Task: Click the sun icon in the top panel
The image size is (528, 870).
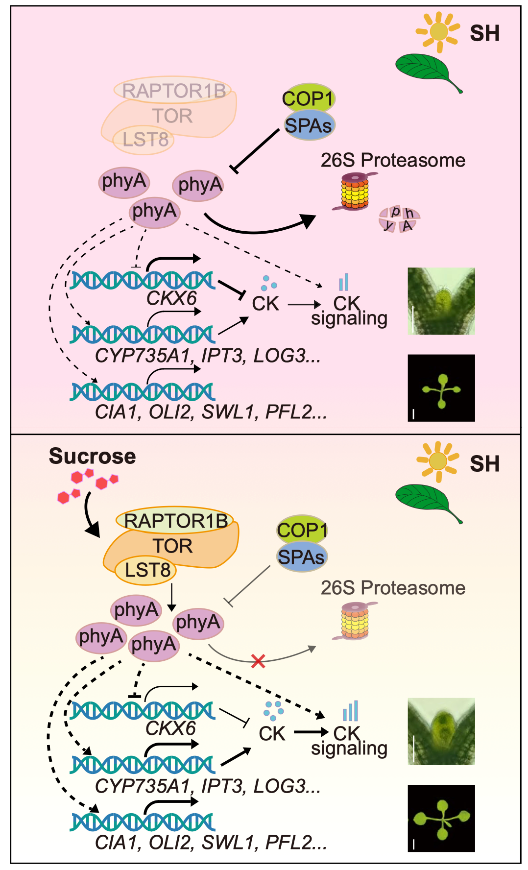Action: [438, 32]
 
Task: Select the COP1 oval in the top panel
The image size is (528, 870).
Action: [308, 98]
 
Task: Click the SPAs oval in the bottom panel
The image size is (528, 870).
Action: [301, 557]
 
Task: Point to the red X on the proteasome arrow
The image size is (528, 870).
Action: [258, 661]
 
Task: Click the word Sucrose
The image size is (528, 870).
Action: [92, 456]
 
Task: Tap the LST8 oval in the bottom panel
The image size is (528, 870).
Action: [145, 570]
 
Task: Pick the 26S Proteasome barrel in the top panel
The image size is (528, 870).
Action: [355, 191]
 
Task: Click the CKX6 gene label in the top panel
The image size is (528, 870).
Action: [171, 298]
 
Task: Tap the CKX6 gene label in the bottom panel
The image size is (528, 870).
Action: [170, 728]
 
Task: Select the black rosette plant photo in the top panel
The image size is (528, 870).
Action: [441, 388]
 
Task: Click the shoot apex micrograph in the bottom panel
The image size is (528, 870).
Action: [441, 731]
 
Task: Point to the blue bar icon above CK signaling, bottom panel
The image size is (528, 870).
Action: [351, 711]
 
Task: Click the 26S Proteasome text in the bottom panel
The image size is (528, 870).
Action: [393, 588]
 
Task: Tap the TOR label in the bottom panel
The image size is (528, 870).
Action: [172, 546]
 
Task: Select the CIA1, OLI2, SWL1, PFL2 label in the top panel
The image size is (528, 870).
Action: [211, 412]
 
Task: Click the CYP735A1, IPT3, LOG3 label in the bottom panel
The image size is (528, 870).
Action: [208, 786]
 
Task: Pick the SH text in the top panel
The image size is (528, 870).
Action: [484, 33]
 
